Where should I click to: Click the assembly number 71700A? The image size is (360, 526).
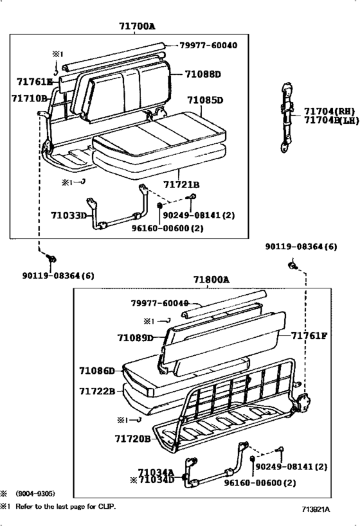137,26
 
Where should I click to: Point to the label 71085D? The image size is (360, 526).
204,100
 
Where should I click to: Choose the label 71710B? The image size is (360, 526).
30,98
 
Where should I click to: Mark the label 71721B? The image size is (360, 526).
181,184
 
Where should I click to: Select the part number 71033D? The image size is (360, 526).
69,215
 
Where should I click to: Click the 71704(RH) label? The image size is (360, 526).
329,110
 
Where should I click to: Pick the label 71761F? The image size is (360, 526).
308,335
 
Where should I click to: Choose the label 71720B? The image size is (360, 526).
133,439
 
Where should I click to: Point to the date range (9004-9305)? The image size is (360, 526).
36,493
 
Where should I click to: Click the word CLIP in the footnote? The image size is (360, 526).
107,506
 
